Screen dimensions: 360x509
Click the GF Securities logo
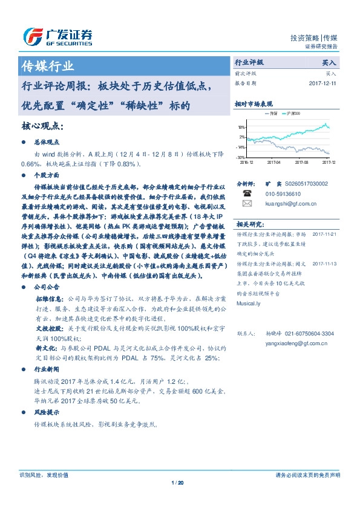click(58, 37)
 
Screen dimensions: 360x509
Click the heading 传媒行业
click(48, 66)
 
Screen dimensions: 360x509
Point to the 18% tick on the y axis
click(241, 128)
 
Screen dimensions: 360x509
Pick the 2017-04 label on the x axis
click(274, 162)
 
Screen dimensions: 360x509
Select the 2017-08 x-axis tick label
click(301, 162)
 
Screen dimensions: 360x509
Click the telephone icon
click(247, 193)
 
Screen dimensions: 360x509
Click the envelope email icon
click(247, 204)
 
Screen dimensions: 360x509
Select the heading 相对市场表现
click(254, 104)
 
